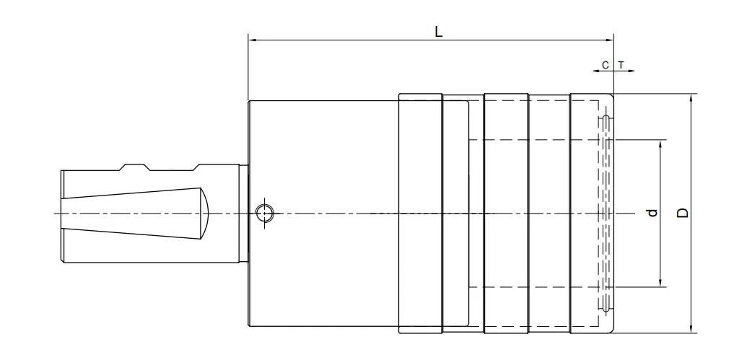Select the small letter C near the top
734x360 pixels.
606,65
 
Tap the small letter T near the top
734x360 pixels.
620,65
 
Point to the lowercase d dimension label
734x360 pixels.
652,213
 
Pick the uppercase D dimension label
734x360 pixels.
682,213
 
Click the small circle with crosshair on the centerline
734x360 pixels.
265,214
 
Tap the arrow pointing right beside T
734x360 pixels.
632,71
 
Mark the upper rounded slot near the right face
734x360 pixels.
607,118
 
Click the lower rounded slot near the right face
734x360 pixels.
607,309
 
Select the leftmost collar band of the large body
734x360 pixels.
419,214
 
